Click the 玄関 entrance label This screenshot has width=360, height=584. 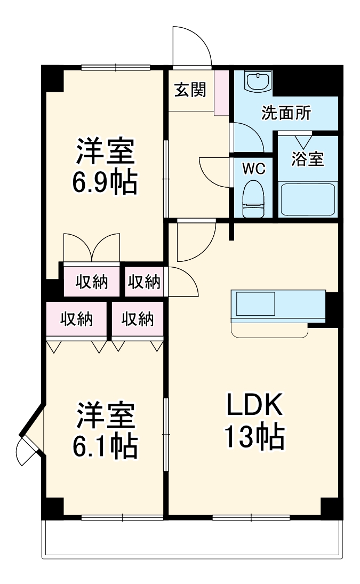tap(190, 90)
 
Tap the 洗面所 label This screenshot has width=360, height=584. tap(286, 113)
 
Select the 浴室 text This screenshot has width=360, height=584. tap(308, 159)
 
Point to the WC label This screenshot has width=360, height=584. tap(253, 169)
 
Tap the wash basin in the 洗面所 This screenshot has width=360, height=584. tap(258, 82)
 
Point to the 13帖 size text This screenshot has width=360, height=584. tap(254, 437)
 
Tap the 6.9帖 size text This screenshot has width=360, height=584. tap(105, 182)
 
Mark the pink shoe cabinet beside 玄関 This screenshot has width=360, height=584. tap(221, 92)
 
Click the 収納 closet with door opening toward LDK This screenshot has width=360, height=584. tap(144, 281)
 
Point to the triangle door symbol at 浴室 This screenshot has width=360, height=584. tap(305, 141)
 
